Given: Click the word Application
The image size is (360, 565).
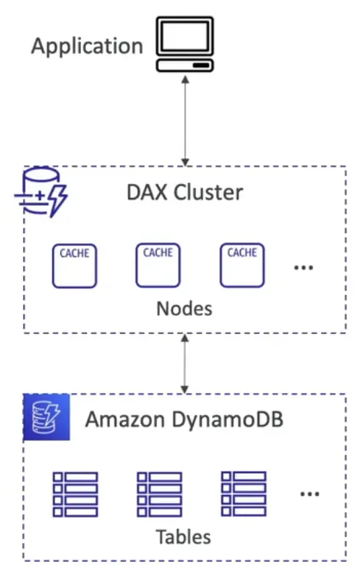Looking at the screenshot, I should pyautogui.click(x=87, y=46).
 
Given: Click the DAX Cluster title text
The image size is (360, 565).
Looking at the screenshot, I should pyautogui.click(x=183, y=193).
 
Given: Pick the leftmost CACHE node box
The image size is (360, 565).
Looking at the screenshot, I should pyautogui.click(x=74, y=266).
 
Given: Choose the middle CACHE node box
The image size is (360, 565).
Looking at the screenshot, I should pyautogui.click(x=158, y=266).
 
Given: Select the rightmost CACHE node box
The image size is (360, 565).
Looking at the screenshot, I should pyautogui.click(x=241, y=266).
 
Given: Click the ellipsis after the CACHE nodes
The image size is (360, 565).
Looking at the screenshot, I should pyautogui.click(x=303, y=268).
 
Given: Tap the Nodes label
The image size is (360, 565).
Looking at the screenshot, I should pyautogui.click(x=184, y=308).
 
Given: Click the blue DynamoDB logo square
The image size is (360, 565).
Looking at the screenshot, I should pyautogui.click(x=46, y=418).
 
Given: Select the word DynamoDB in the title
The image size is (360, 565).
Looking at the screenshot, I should pyautogui.click(x=230, y=421).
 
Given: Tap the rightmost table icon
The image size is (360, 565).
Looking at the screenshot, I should pyautogui.click(x=243, y=493).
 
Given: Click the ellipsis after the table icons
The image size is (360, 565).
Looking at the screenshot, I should pyautogui.click(x=309, y=494).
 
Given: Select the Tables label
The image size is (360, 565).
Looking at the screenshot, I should pyautogui.click(x=183, y=536).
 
